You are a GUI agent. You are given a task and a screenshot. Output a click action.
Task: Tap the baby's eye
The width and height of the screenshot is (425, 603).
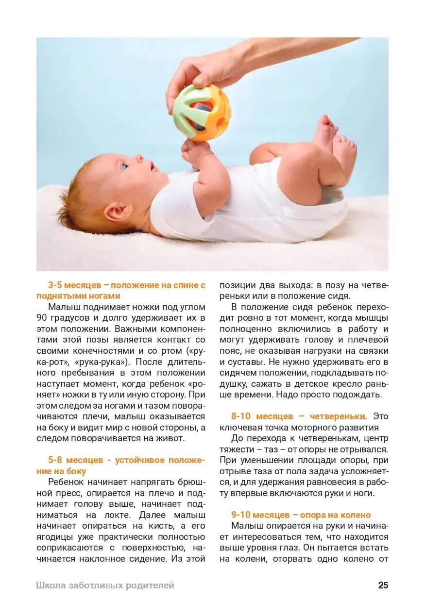(x=125, y=166)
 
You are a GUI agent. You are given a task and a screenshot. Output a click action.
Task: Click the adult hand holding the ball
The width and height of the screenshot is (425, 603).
(x=204, y=73)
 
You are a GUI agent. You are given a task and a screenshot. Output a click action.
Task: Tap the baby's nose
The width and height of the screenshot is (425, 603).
(x=139, y=158)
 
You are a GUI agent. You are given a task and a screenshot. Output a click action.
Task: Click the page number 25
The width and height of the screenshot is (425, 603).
(x=383, y=585)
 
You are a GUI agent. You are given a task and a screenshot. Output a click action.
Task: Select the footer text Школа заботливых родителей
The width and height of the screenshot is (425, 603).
(x=105, y=585)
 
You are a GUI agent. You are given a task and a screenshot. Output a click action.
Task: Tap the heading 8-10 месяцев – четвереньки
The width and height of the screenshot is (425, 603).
(x=299, y=416)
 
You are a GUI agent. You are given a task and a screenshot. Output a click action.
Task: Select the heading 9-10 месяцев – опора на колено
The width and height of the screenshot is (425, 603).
(x=301, y=515)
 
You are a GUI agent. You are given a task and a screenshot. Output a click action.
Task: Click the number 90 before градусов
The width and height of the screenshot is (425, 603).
(x=43, y=318)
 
